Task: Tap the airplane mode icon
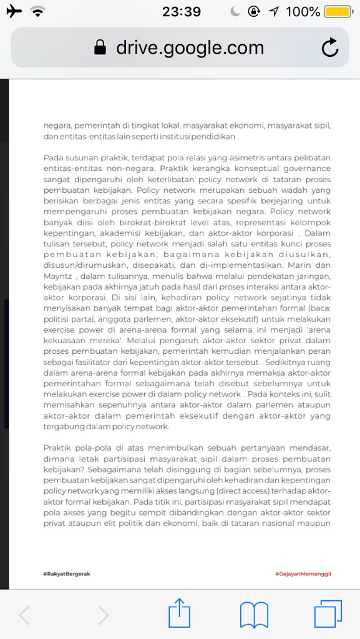[x=13, y=12]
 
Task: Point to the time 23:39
[x=181, y=12]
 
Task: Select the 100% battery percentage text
[x=303, y=12]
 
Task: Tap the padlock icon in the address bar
[x=100, y=48]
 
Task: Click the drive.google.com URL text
[x=190, y=47]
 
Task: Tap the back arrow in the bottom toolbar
[x=24, y=615]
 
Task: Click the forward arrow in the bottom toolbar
[x=103, y=615]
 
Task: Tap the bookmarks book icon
[x=255, y=615]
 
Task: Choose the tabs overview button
[x=328, y=614]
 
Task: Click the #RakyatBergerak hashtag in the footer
[x=67, y=573]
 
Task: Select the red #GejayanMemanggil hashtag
[x=303, y=573]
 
